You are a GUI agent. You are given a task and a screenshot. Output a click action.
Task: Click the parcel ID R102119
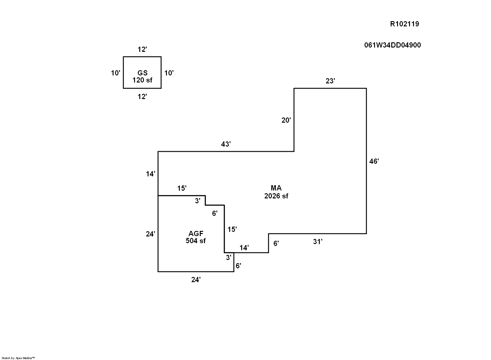tap(404, 24)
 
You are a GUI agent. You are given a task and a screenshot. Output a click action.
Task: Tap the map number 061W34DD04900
tap(392, 45)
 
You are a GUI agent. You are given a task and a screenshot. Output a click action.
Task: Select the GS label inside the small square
tap(142, 73)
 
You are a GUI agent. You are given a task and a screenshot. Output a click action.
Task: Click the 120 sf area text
tap(142, 80)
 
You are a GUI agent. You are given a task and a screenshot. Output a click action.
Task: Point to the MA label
tap(276, 188)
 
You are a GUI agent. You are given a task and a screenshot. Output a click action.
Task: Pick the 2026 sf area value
tap(276, 196)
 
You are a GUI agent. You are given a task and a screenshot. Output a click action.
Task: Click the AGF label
tap(196, 234)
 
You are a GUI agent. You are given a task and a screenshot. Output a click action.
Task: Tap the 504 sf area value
tap(196, 241)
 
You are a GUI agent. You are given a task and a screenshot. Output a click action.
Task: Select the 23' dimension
tap(330, 81)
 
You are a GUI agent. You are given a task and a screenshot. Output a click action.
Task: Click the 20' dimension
tap(286, 121)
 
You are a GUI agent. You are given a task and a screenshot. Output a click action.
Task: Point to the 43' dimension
tap(226, 144)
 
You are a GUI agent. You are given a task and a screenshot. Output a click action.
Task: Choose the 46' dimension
tap(374, 161)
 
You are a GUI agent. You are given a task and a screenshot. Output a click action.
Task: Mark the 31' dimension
tap(318, 242)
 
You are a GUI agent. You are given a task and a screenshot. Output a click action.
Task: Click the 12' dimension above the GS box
tap(142, 49)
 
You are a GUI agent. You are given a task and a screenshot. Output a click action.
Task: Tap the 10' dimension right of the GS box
tap(169, 73)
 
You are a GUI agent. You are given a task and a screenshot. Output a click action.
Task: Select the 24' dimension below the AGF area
tap(196, 280)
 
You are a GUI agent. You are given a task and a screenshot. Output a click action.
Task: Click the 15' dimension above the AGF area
tap(182, 188)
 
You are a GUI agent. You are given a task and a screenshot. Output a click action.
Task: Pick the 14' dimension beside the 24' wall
tap(150, 174)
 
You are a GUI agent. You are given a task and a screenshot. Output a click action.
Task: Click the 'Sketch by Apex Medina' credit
tap(18, 358)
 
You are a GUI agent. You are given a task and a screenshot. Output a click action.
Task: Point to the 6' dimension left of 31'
tap(276, 243)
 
